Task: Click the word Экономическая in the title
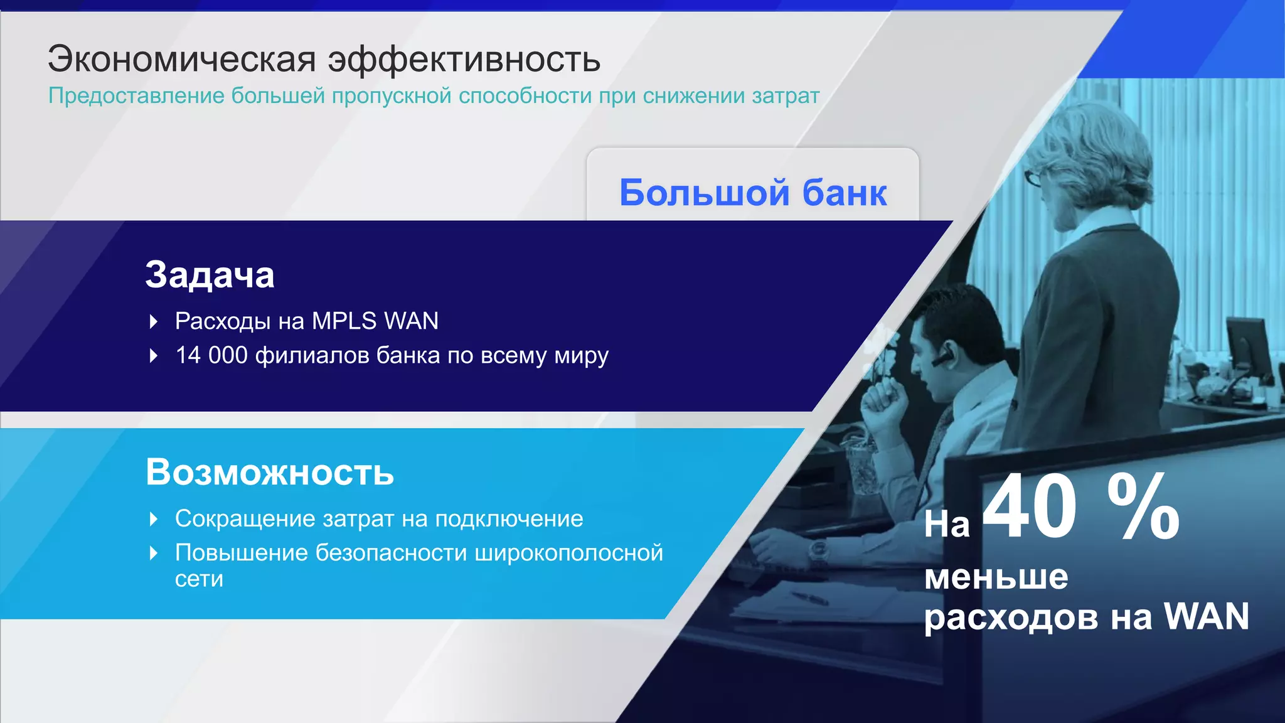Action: pyautogui.click(x=182, y=60)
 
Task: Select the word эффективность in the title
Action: pyautogui.click(x=464, y=60)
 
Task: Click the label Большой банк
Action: pyautogui.click(x=753, y=192)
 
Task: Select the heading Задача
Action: pyautogui.click(x=210, y=275)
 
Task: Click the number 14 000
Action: pyautogui.click(x=211, y=355)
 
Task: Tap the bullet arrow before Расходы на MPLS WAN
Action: pyautogui.click(x=154, y=322)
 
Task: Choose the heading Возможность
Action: pyautogui.click(x=270, y=472)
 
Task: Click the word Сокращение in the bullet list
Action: pyautogui.click(x=245, y=519)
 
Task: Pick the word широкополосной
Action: pyautogui.click(x=568, y=553)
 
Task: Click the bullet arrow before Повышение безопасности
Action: pyautogui.click(x=154, y=554)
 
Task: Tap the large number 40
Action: pyautogui.click(x=1029, y=507)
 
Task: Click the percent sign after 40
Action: pyautogui.click(x=1143, y=507)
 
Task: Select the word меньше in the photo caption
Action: pyautogui.click(x=996, y=577)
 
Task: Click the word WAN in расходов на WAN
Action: pyautogui.click(x=1206, y=616)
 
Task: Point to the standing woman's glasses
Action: pyautogui.click(x=1034, y=177)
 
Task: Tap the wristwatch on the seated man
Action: pyautogui.click(x=818, y=552)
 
